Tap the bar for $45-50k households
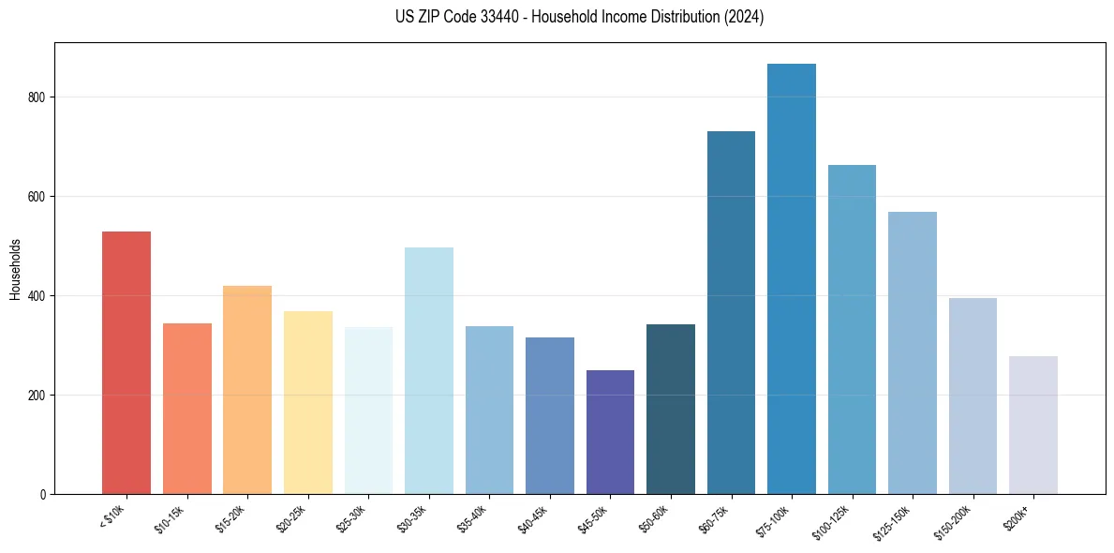pyautogui.click(x=610, y=432)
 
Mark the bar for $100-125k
pyautogui.click(x=852, y=329)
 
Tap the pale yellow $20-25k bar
pyautogui.click(x=307, y=402)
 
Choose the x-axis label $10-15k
pyautogui.click(x=171, y=518)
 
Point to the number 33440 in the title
pyautogui.click(x=502, y=17)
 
